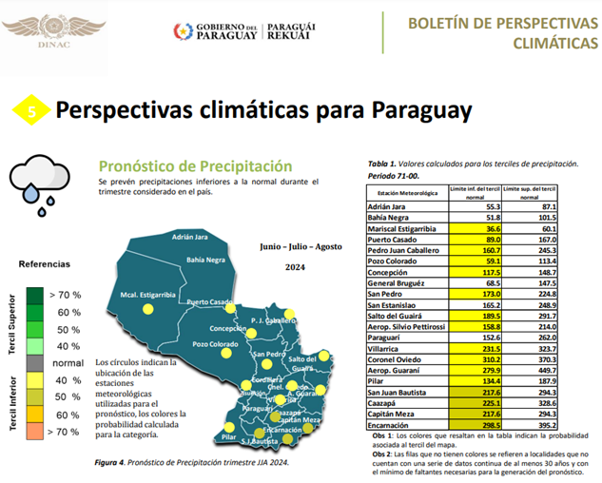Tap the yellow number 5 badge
click(32, 111)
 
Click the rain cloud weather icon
click(37, 181)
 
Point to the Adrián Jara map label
click(190, 237)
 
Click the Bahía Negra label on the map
click(208, 259)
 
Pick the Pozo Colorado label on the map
click(215, 343)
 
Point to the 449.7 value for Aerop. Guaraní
click(540, 371)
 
